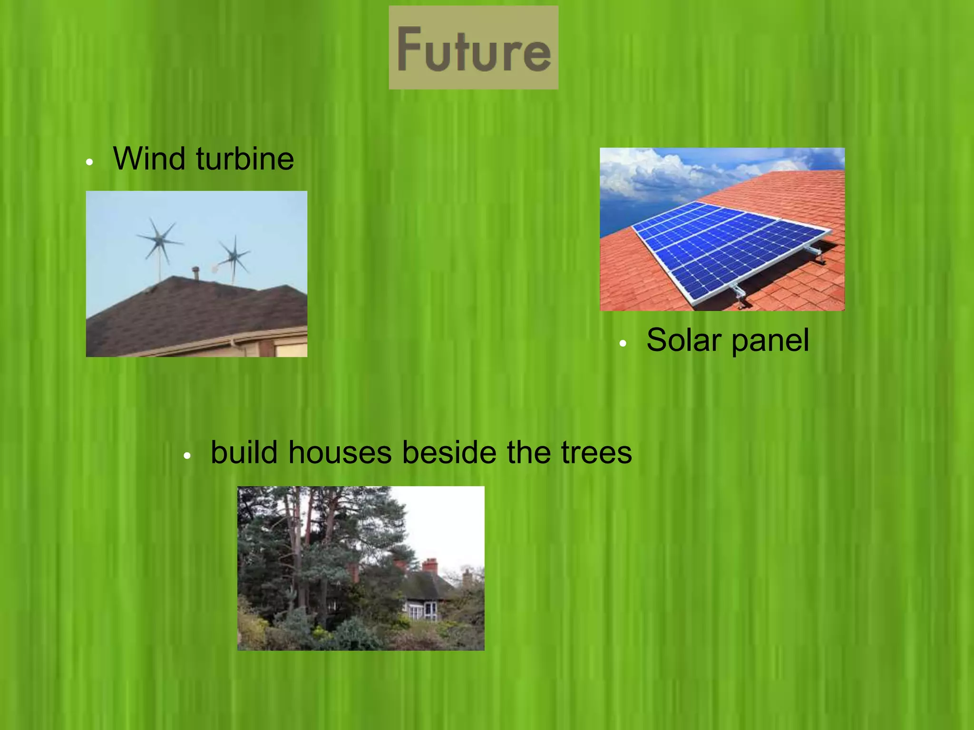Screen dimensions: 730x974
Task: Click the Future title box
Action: coord(473,48)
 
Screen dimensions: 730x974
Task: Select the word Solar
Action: coord(684,340)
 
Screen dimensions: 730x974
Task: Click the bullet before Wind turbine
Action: coord(89,163)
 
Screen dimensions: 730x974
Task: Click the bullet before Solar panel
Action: coord(623,344)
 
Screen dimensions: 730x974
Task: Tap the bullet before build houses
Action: coord(187,456)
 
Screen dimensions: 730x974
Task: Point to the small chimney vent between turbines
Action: coord(195,273)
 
